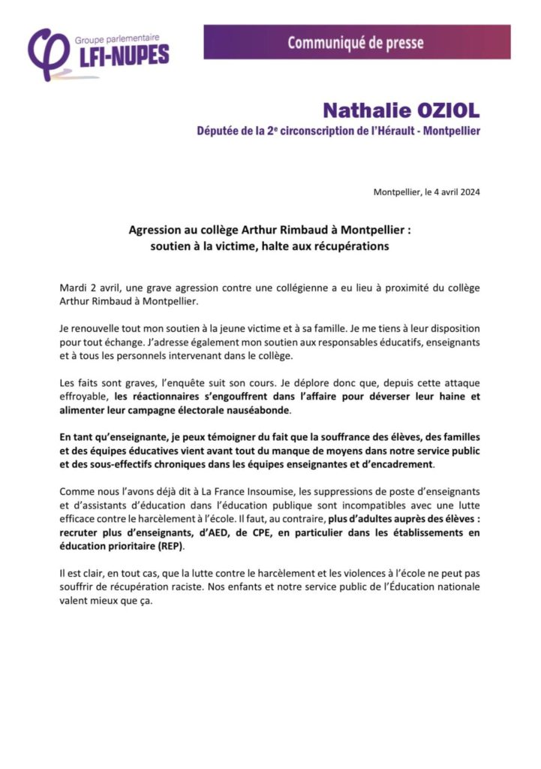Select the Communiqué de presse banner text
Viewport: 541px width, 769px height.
point(355,42)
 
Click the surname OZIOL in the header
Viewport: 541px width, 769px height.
point(437,110)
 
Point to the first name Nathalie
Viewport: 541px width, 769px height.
point(357,110)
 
